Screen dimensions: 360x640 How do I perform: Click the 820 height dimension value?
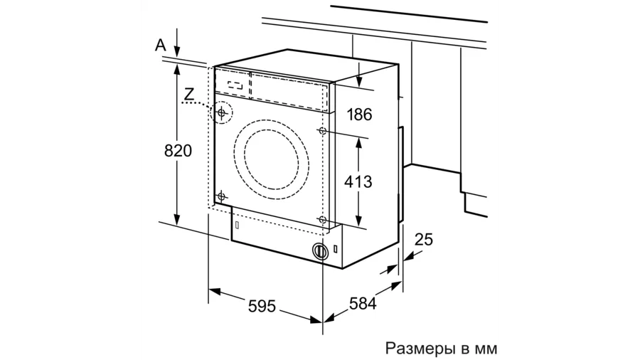[178, 151]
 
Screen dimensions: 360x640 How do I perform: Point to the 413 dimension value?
[358, 181]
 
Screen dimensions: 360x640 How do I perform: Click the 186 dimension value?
[359, 115]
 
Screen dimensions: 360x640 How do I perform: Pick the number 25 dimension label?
[423, 240]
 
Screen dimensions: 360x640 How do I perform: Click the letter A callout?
[161, 45]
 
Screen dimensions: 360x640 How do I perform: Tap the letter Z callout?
[188, 92]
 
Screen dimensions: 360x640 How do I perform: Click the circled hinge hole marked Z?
[223, 113]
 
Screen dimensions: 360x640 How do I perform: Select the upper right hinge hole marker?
[323, 132]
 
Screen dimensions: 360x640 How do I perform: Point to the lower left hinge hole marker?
[222, 196]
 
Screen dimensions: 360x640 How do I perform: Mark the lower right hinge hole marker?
[323, 220]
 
